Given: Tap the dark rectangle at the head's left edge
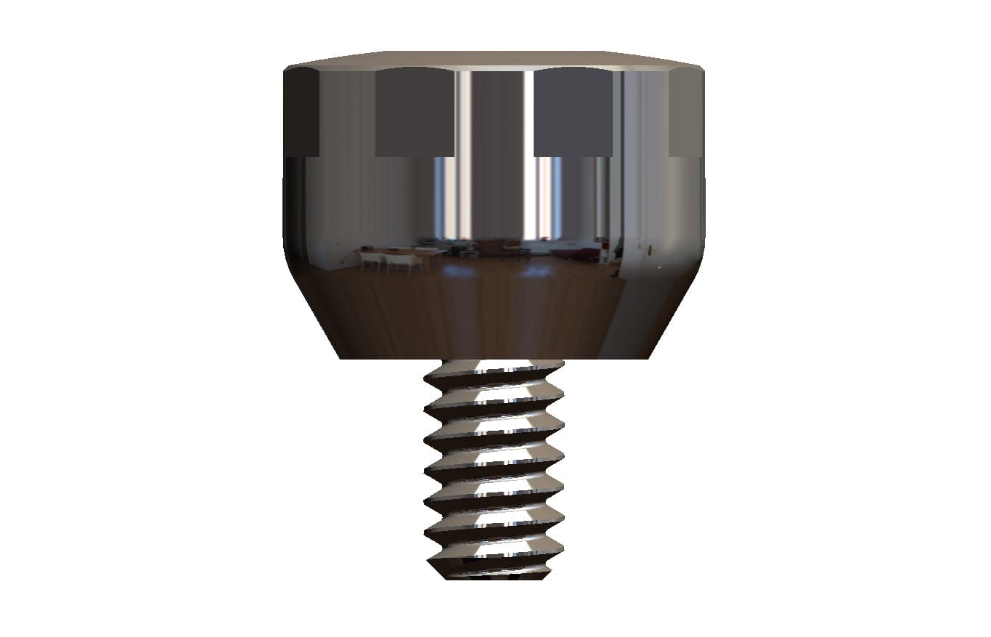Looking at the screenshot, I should [302, 113].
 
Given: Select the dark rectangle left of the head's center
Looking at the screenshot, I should [415, 113].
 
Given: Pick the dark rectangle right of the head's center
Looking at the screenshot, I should [573, 113].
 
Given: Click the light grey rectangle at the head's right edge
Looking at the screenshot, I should [685, 113].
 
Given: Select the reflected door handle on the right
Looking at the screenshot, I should [649, 248].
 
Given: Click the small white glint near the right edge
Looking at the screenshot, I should [659, 268].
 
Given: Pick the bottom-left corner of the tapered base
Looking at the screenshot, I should [342, 357].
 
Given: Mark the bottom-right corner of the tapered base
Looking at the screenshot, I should [648, 357].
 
